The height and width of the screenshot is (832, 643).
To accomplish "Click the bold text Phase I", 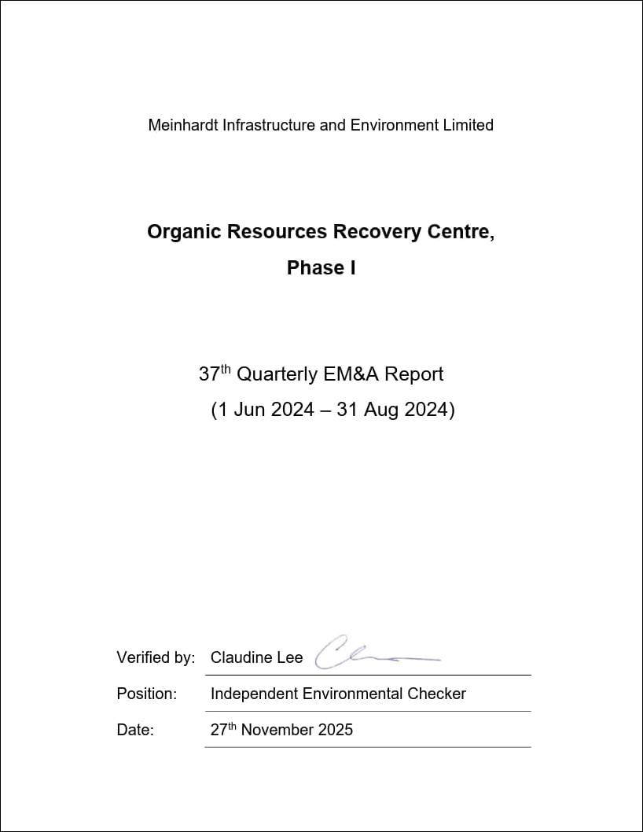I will point(321,268).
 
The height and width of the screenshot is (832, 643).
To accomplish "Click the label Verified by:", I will point(156,658).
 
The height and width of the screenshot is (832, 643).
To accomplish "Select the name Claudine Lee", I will point(256,658).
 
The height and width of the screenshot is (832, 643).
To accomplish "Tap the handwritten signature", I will point(369,654).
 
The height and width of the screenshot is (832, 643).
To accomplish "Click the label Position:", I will point(147,694).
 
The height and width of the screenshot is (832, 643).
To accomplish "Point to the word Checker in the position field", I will point(436,694).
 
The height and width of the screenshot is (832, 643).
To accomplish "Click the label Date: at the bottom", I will point(135,731).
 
